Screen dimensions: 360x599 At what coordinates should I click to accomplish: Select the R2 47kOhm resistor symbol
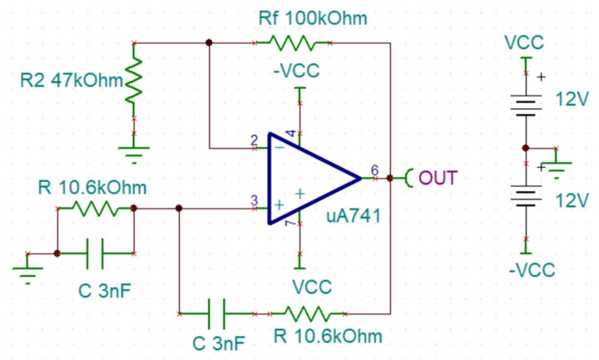[x=134, y=81]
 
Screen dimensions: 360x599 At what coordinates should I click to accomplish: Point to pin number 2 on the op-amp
[x=254, y=140]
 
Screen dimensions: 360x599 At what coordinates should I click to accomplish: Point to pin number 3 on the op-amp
[x=254, y=200]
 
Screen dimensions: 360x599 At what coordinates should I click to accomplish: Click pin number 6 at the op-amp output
[x=374, y=170]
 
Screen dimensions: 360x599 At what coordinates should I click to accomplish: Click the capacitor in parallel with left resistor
[x=95, y=252]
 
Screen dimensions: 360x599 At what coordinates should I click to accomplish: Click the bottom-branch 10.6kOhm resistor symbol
[x=307, y=313]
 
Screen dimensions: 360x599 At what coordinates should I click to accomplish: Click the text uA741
[x=353, y=218]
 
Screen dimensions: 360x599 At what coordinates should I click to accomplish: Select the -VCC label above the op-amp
[x=297, y=71]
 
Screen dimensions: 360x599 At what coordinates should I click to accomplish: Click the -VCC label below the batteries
[x=532, y=269]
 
